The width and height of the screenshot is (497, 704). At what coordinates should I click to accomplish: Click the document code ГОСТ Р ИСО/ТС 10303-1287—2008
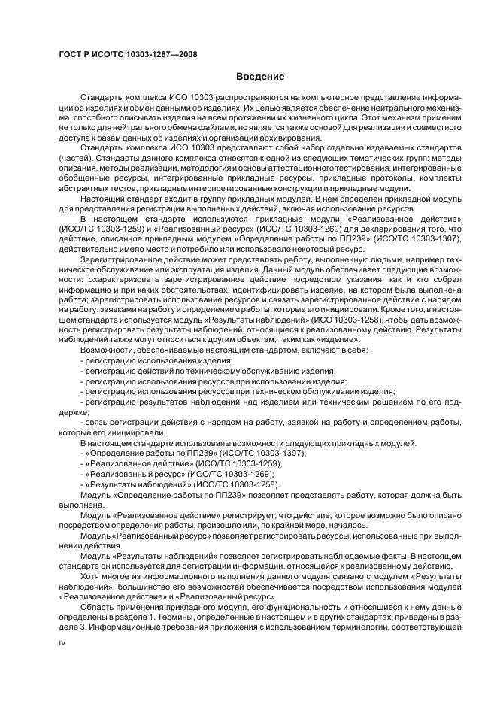(x=128, y=54)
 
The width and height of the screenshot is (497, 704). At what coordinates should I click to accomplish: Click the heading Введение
(x=260, y=76)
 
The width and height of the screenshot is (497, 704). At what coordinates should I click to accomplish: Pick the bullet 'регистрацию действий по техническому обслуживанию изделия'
(x=209, y=371)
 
